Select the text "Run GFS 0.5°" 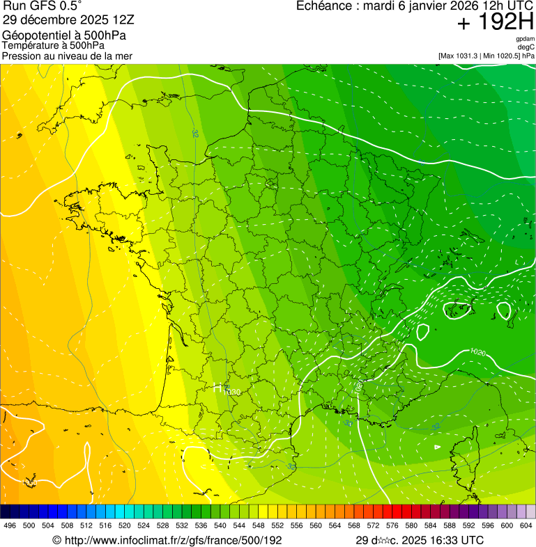(x=43, y=6)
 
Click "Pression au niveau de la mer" (x=67, y=56)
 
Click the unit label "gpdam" (x=525, y=39)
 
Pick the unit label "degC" (x=526, y=47)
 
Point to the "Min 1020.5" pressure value (x=500, y=56)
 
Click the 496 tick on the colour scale (x=10, y=526)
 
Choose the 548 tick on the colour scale (x=258, y=526)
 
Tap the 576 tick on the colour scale (x=392, y=526)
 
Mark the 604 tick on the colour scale (x=526, y=526)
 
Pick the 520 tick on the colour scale (x=124, y=526)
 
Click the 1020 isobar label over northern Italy (x=477, y=352)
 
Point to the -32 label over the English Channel (x=195, y=132)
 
